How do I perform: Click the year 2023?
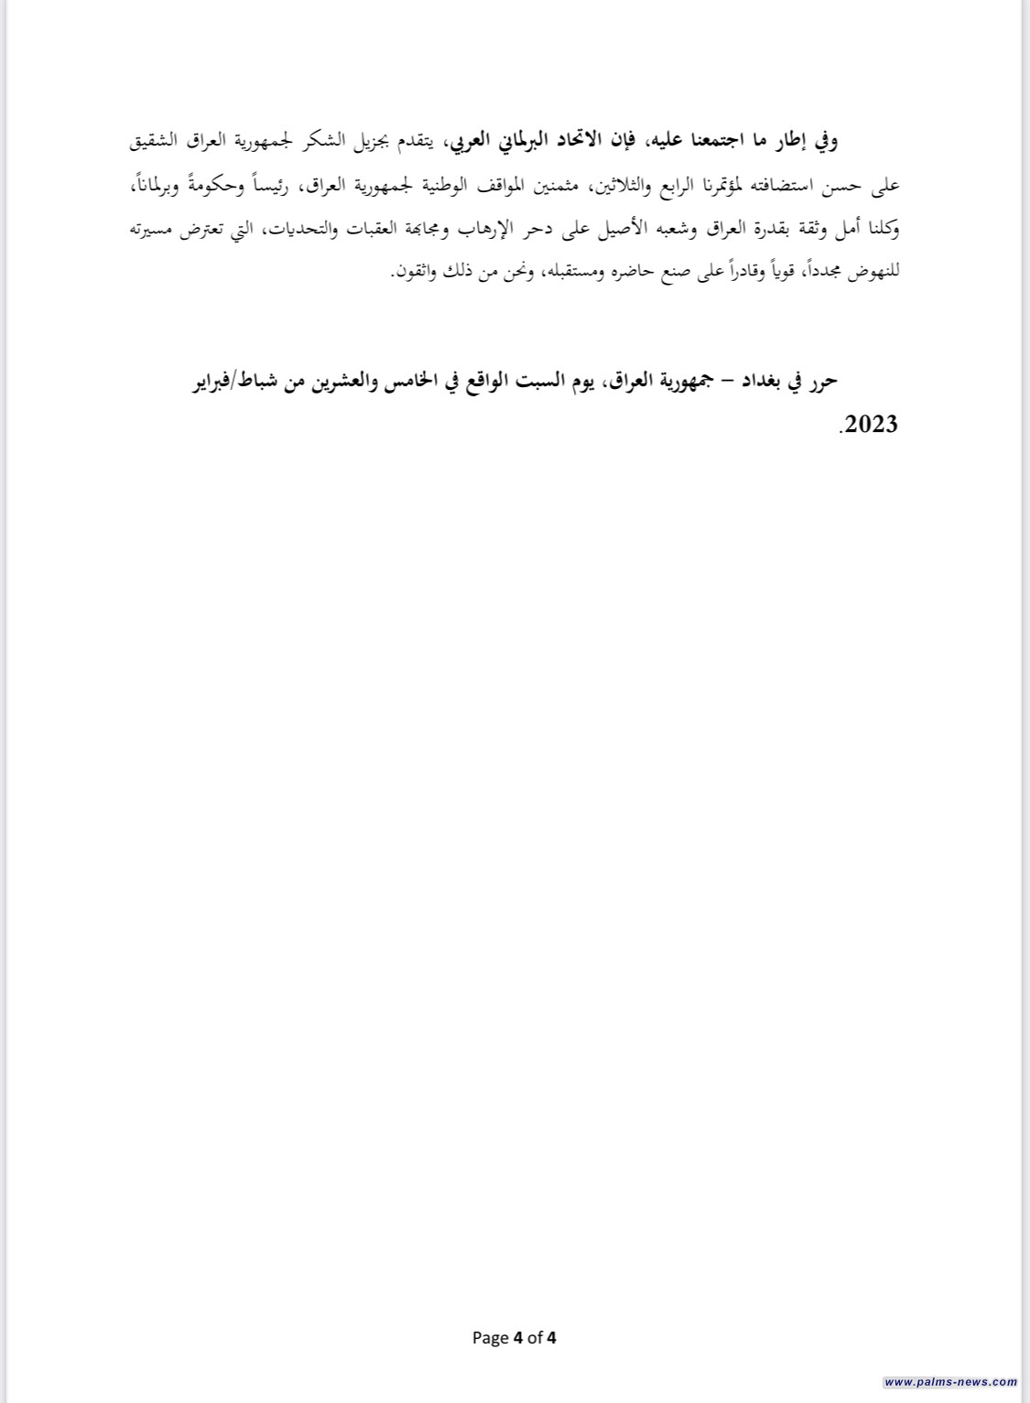[869, 425]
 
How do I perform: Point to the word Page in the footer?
[490, 1337]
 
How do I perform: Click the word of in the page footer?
[535, 1337]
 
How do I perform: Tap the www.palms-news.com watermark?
[950, 1382]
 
